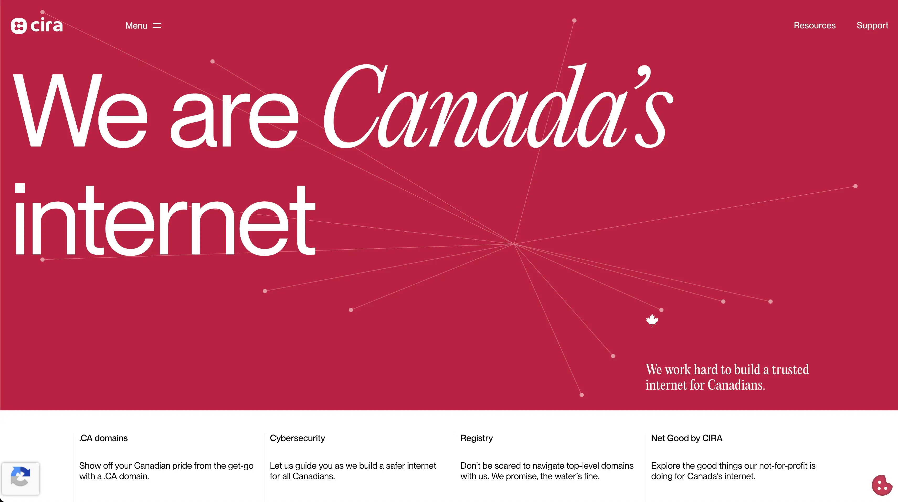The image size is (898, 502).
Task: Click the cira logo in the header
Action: click(36, 25)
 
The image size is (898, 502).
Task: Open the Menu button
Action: click(143, 25)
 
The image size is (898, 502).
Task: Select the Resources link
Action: click(814, 25)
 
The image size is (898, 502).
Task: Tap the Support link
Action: click(872, 25)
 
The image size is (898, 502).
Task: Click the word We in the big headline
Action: click(80, 112)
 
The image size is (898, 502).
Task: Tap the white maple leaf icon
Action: click(652, 320)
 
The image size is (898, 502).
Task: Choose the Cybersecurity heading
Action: click(297, 438)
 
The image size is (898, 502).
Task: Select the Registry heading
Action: click(476, 438)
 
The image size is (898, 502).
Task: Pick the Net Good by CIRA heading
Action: click(686, 438)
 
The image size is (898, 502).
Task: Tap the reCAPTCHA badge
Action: click(20, 478)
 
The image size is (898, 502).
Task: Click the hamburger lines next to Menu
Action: click(157, 25)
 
